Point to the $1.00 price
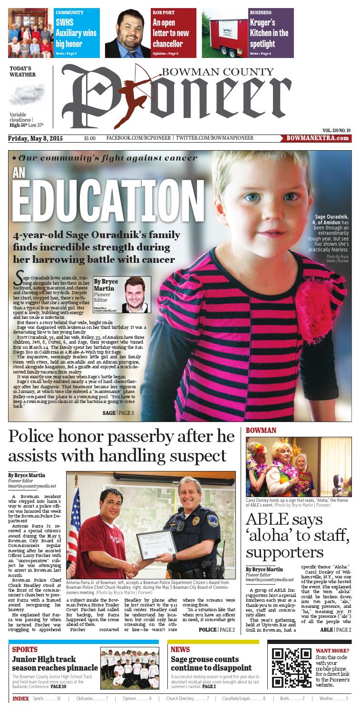point(89,138)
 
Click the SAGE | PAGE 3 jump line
point(118,400)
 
